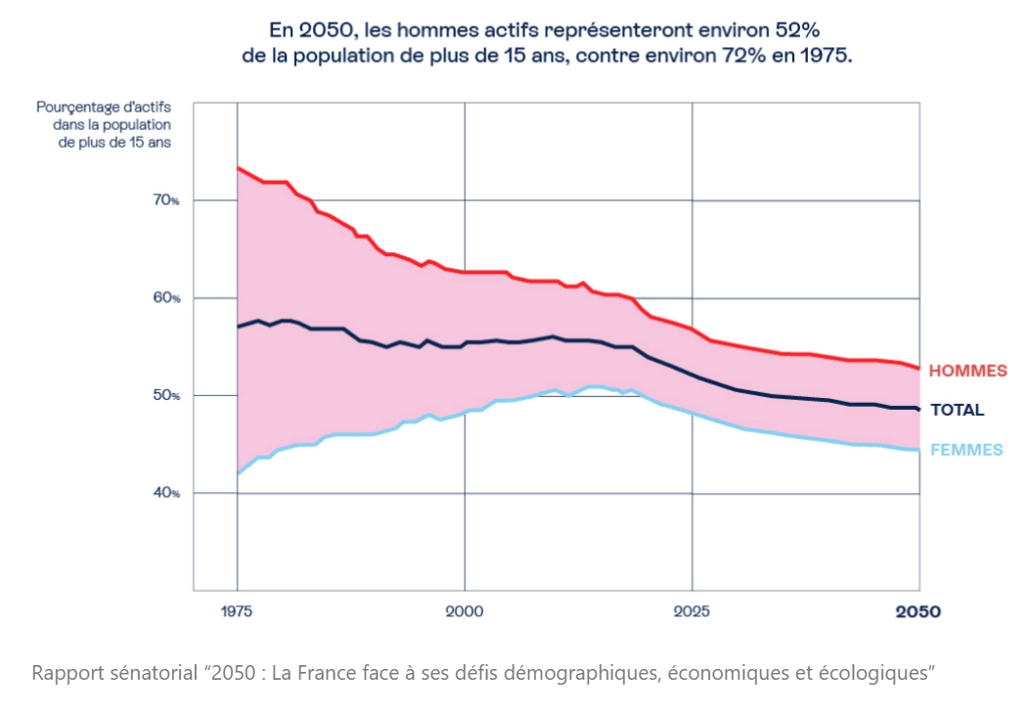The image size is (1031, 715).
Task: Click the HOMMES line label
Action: click(x=967, y=371)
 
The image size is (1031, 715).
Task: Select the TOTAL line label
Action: click(x=957, y=410)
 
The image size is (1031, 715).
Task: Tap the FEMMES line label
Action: click(x=966, y=450)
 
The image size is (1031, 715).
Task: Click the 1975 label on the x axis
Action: click(x=237, y=611)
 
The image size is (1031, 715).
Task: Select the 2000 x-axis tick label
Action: click(x=464, y=611)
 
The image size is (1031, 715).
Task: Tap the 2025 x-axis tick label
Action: click(x=692, y=611)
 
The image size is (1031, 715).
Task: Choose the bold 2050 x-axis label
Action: click(x=919, y=611)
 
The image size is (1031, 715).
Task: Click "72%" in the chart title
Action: click(x=754, y=56)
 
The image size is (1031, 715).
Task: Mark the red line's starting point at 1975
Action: click(x=238, y=167)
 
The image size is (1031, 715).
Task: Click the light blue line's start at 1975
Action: click(x=238, y=473)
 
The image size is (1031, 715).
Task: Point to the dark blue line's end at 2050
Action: click(x=919, y=409)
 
